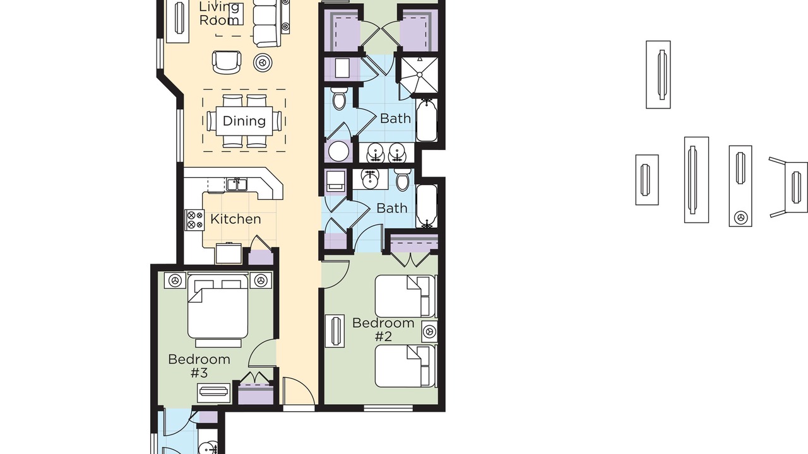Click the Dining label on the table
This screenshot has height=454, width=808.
244,121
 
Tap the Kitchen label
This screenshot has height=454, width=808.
235,219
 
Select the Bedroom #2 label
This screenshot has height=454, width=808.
383,329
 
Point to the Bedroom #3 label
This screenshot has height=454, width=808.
199,366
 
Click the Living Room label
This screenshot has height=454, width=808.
219,13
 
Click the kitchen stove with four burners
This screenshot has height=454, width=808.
194,220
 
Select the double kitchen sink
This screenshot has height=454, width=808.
237,185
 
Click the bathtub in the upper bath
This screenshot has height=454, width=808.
427,120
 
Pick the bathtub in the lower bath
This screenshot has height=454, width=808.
427,206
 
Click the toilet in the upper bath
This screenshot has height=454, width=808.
339,98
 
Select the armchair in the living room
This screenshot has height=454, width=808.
227,62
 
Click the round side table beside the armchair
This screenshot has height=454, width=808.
263,62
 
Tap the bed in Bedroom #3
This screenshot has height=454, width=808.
218,306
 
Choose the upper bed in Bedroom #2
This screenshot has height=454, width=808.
405,296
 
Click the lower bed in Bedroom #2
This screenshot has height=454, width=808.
405,366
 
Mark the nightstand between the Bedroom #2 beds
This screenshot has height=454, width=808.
429,331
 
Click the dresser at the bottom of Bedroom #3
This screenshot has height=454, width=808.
214,393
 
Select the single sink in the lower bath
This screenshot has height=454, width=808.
370,178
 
